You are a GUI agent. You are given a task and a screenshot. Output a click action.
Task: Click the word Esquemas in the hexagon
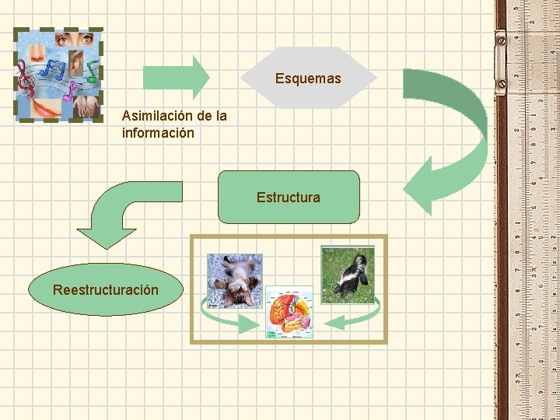point(308,79)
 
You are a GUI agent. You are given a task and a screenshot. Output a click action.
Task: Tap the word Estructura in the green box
point(288,198)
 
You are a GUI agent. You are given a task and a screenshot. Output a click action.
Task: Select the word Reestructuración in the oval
point(105,290)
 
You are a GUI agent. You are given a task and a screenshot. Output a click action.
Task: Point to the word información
point(158,133)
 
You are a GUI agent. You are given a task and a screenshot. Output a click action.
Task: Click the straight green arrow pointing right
point(176,76)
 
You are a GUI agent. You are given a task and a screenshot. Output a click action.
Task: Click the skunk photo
point(348,275)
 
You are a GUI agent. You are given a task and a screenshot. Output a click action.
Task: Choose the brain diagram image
point(289,312)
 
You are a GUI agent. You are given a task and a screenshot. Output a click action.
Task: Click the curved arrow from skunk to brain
point(354,316)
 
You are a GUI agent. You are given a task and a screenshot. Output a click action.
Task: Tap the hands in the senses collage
point(85,106)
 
